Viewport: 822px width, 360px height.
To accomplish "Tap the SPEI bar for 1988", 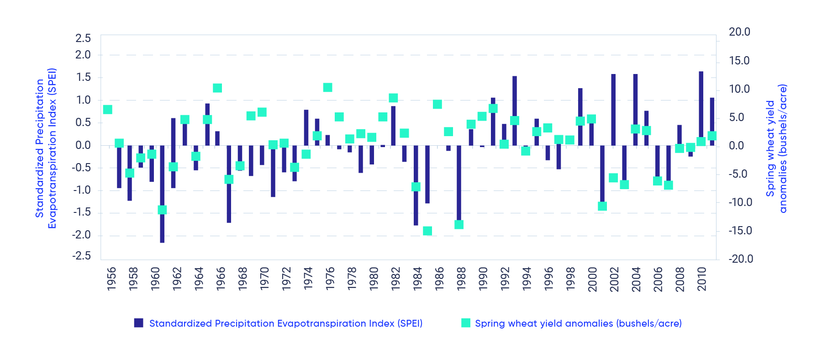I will click(x=459, y=183).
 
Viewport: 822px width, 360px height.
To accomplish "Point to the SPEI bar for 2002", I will click(x=613, y=110).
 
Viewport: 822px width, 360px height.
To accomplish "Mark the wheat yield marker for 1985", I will click(x=427, y=231).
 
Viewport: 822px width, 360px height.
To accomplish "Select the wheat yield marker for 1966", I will click(x=217, y=88).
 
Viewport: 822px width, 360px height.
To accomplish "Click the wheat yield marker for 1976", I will click(x=327, y=87).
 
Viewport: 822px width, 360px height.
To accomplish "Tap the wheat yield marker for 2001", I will click(x=602, y=206).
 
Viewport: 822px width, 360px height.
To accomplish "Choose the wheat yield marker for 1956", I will click(x=108, y=110).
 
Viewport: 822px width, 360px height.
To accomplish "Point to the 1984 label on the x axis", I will click(x=417, y=278).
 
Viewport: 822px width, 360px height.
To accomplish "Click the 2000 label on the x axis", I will click(x=592, y=278).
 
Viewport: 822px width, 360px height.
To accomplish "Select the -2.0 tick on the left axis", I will click(x=82, y=235).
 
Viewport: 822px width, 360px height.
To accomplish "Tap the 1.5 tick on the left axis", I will click(x=84, y=77).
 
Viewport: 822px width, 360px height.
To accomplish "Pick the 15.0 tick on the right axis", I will click(x=739, y=61).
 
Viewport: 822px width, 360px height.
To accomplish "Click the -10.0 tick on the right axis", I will click(x=740, y=202).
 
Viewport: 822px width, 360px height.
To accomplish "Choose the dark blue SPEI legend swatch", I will click(x=139, y=323).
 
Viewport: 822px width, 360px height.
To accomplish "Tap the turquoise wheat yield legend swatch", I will click(x=466, y=323).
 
